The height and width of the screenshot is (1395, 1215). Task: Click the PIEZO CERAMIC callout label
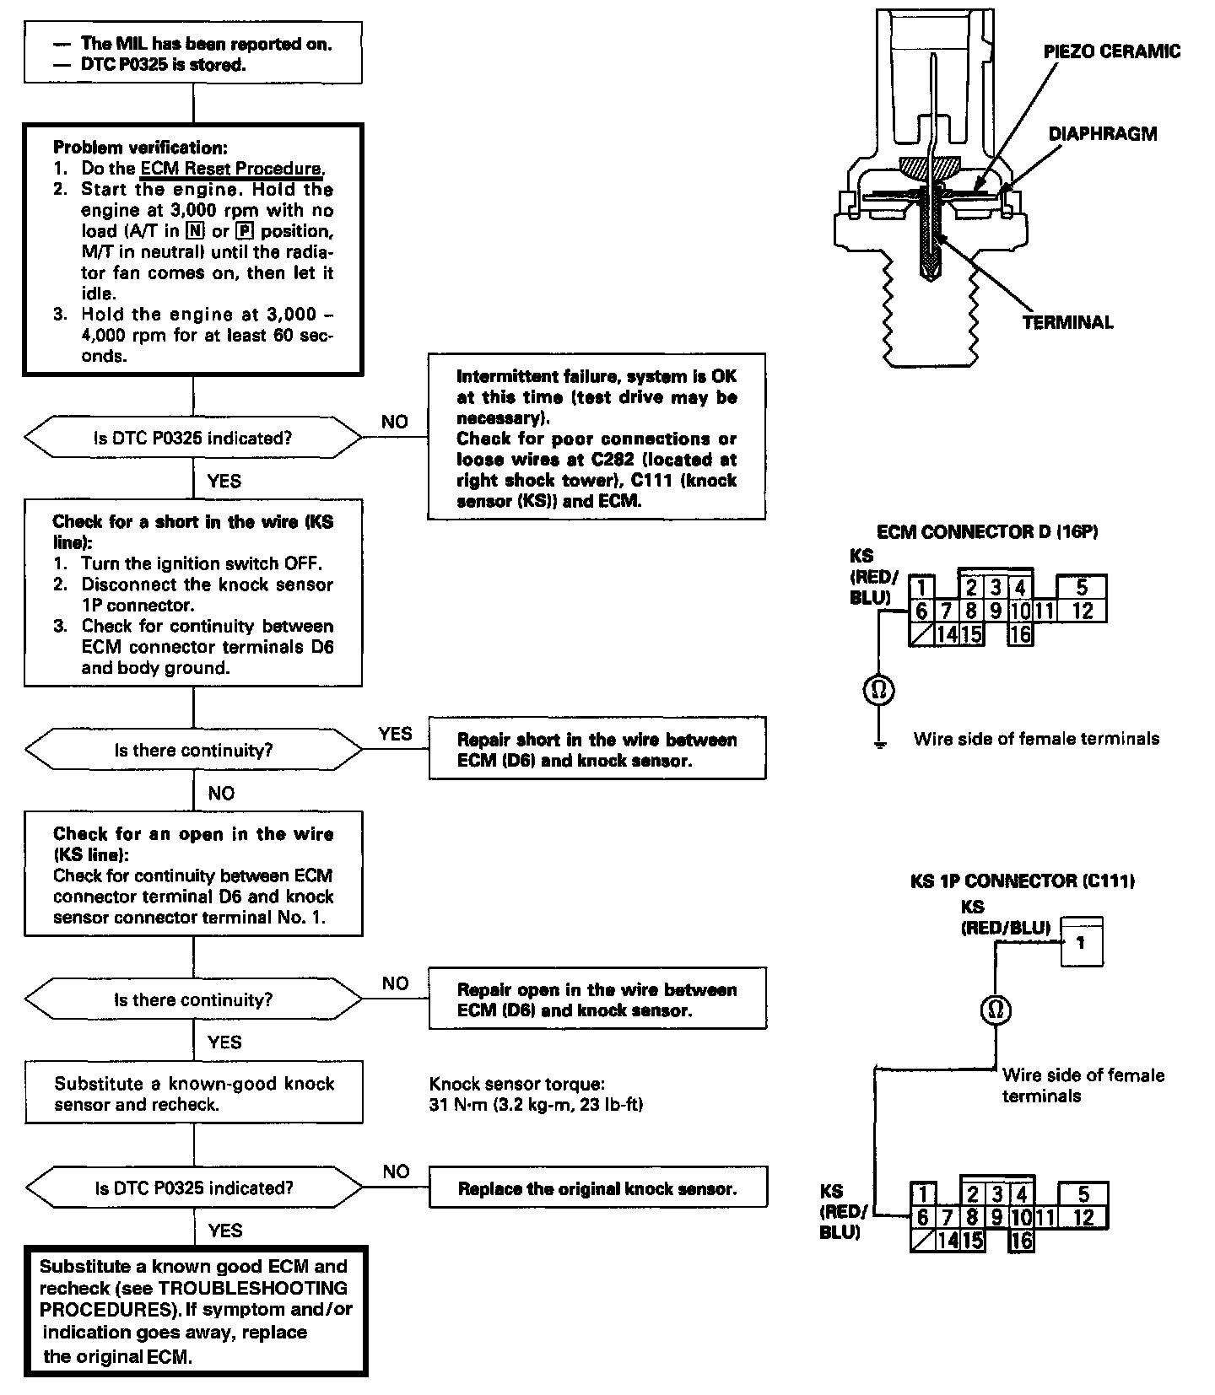pos(1111,51)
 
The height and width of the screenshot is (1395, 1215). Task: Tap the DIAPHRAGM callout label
pos(1102,134)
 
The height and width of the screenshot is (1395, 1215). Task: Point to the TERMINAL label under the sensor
pos(1067,322)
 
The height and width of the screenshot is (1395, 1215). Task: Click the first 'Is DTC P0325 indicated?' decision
pos(193,438)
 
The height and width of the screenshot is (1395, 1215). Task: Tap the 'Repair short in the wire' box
pos(597,749)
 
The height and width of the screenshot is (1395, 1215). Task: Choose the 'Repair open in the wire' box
pos(597,999)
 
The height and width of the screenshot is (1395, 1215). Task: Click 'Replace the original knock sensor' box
pos(597,1188)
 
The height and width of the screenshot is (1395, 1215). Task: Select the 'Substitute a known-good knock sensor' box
pos(193,1093)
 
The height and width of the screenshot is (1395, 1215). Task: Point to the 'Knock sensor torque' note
pos(536,1094)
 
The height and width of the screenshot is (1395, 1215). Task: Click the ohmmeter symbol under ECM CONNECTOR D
pos(878,691)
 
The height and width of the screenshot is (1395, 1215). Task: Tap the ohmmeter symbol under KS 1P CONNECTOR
pos(996,1010)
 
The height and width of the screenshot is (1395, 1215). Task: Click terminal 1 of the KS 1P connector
pos(1081,941)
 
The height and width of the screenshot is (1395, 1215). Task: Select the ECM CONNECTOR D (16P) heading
pos(987,532)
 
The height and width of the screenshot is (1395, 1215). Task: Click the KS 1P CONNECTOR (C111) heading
pos(1022,881)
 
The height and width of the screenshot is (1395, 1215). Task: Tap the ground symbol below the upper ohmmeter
pos(879,744)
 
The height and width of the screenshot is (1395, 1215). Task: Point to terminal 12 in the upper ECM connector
pos(1082,611)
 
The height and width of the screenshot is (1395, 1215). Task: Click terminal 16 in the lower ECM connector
pos(1021,1240)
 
